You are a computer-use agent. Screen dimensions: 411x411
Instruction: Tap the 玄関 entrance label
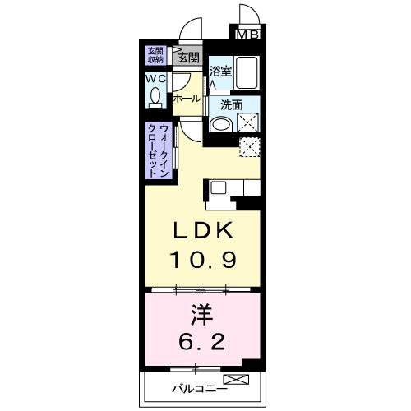(x=187, y=58)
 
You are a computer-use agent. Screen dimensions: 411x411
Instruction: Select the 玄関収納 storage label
(x=155, y=55)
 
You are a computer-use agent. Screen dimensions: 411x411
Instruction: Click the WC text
(x=155, y=79)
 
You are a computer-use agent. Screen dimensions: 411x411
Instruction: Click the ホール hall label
(x=186, y=99)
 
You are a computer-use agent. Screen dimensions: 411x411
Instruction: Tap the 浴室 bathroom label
(x=219, y=72)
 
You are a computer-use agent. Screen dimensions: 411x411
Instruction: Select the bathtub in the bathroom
(x=246, y=73)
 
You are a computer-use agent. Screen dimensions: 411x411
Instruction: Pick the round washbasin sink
(x=220, y=125)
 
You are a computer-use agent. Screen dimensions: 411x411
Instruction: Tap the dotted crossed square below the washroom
(x=248, y=147)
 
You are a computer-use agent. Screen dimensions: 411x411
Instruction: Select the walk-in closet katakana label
(x=159, y=150)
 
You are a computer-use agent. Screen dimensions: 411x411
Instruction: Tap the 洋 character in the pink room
(x=203, y=314)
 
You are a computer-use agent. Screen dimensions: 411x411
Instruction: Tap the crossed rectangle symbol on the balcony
(x=235, y=380)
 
